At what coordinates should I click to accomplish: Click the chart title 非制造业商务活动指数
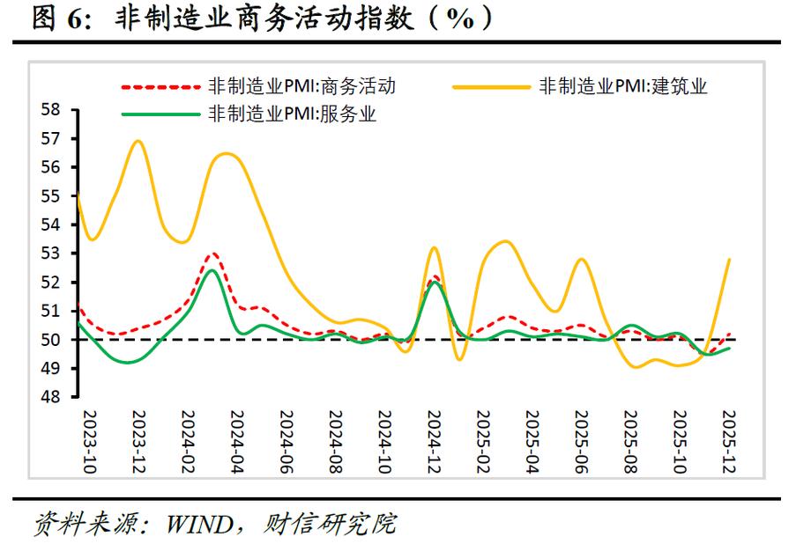coord(264,19)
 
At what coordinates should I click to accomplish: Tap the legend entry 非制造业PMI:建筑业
coord(623,86)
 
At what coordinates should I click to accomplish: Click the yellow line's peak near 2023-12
coord(138,141)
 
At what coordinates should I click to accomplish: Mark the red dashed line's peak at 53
coord(212,254)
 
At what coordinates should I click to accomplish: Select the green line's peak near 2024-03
coord(212,270)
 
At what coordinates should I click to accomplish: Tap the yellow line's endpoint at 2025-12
coord(729,260)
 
